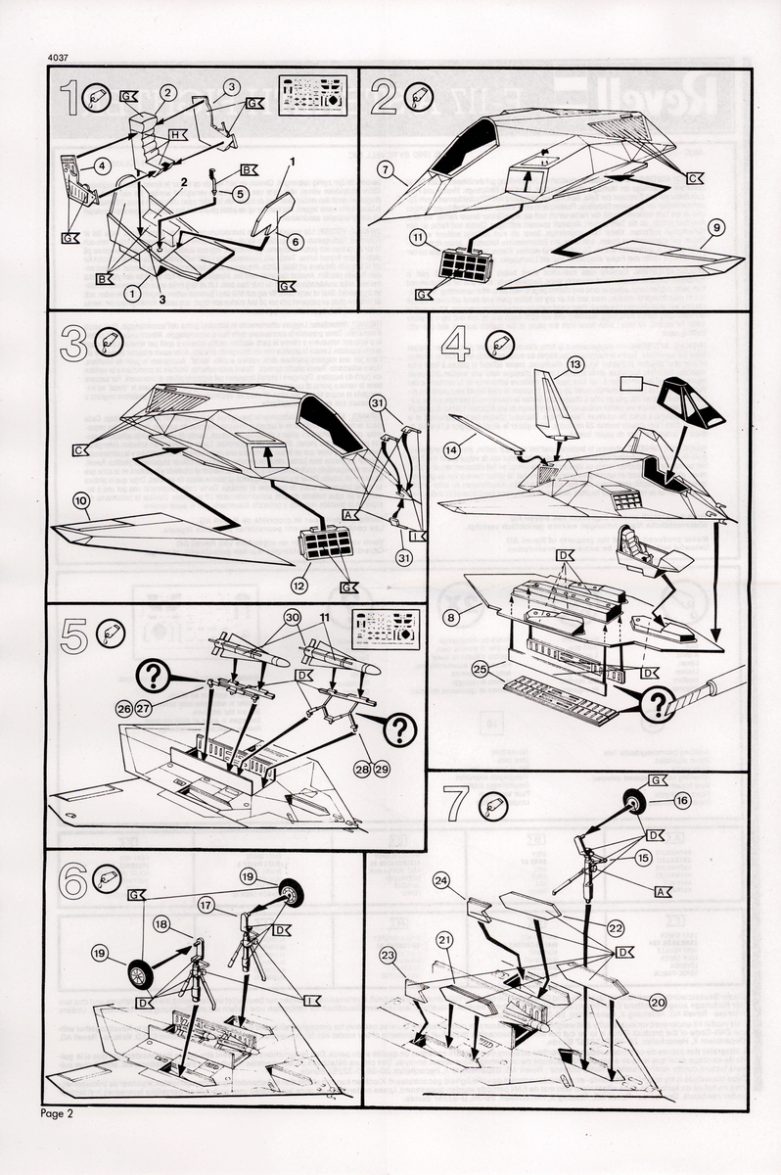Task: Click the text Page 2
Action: pos(58,1113)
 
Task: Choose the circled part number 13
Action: pos(574,364)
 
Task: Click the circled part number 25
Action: pos(478,670)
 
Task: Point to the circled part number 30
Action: pos(291,617)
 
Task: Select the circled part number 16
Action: pos(682,800)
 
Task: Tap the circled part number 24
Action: pos(441,880)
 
